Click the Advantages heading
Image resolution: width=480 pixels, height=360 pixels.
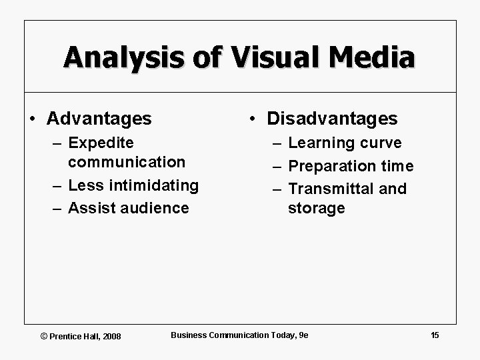click(x=99, y=119)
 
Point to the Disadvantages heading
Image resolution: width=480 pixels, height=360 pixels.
click(x=332, y=119)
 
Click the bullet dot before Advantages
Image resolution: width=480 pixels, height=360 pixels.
click(x=33, y=119)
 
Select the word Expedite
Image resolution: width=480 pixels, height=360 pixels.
click(x=101, y=143)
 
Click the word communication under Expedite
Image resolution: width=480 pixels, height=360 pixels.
click(x=127, y=161)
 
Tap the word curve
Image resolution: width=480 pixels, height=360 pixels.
click(x=381, y=143)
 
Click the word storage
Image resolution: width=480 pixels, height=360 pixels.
click(x=316, y=208)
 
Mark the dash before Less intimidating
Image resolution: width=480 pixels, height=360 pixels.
click(x=59, y=185)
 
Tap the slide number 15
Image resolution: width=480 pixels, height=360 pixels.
click(x=435, y=335)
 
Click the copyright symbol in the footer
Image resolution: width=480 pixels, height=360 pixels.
click(x=44, y=336)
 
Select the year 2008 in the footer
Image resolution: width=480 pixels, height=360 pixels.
click(x=111, y=336)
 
